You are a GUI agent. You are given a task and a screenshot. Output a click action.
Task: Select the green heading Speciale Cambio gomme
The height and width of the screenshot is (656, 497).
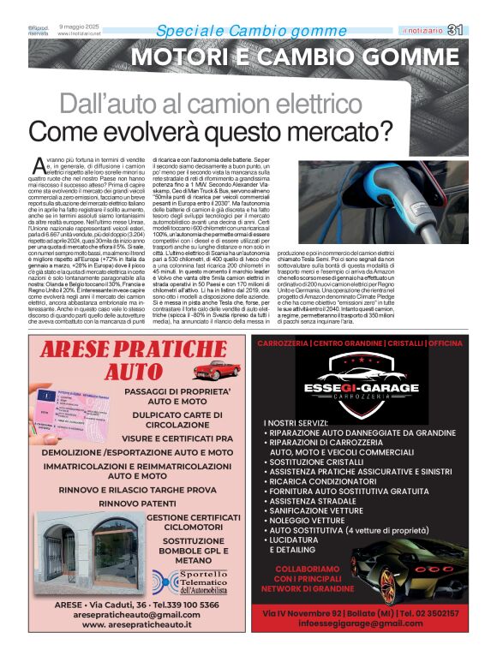tap(239, 32)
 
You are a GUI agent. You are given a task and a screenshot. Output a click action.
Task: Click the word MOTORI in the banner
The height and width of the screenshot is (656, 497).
tap(179, 59)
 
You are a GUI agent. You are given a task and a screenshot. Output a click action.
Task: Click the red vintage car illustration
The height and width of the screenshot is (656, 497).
tap(211, 370)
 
